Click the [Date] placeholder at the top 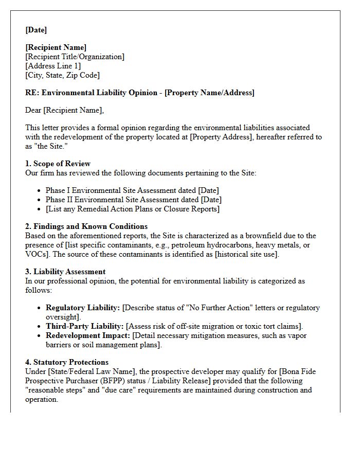pyautogui.click(x=36, y=30)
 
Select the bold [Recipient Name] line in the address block pyautogui.click(x=56, y=48)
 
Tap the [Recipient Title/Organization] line pyautogui.click(x=75, y=57)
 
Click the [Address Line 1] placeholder pyautogui.click(x=53, y=66)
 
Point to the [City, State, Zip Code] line pyautogui.click(x=62, y=76)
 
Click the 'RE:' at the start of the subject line pyautogui.click(x=32, y=93)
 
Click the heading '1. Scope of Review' pyautogui.click(x=58, y=164)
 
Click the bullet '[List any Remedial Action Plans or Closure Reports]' pyautogui.click(x=132, y=209)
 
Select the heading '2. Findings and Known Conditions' pyautogui.click(x=86, y=226)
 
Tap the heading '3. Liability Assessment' pyautogui.click(x=65, y=272)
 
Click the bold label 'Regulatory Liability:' pyautogui.click(x=83, y=308)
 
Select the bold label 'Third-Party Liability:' pyautogui.click(x=85, y=326)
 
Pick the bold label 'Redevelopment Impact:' pyautogui.click(x=88, y=335)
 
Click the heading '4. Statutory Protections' pyautogui.click(x=67, y=362)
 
